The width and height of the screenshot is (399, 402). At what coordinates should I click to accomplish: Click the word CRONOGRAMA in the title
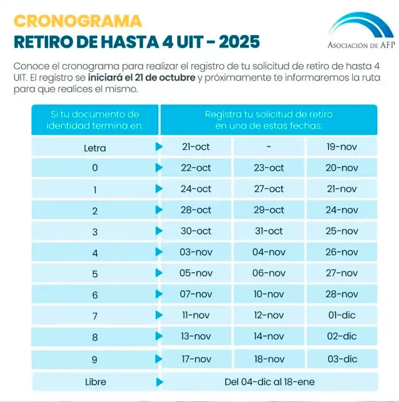point(78,21)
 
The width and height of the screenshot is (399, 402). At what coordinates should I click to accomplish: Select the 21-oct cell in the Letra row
point(196,147)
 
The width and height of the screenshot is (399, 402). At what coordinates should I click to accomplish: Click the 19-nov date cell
point(342,147)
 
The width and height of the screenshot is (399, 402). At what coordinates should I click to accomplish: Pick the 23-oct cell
point(269,168)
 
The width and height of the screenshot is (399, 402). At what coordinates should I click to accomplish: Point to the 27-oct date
point(269,189)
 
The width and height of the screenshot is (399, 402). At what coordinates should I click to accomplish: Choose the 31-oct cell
point(269,231)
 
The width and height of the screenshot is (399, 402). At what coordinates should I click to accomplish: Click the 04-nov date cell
point(269,252)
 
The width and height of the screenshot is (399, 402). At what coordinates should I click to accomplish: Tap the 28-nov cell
point(342,294)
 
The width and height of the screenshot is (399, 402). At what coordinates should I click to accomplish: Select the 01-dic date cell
point(342,315)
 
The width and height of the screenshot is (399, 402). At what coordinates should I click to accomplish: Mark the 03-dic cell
point(342,359)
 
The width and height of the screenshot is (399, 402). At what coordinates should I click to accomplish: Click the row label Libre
point(95,381)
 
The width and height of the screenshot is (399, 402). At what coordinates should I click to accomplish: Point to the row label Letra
point(95,148)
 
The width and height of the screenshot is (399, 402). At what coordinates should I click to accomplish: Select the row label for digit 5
point(95,274)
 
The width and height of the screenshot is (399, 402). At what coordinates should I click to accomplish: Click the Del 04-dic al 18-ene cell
point(269,381)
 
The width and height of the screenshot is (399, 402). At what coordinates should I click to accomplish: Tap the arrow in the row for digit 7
point(159,315)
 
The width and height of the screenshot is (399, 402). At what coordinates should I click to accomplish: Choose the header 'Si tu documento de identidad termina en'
point(95,120)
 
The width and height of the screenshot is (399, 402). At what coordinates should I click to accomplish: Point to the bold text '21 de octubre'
point(164,77)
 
